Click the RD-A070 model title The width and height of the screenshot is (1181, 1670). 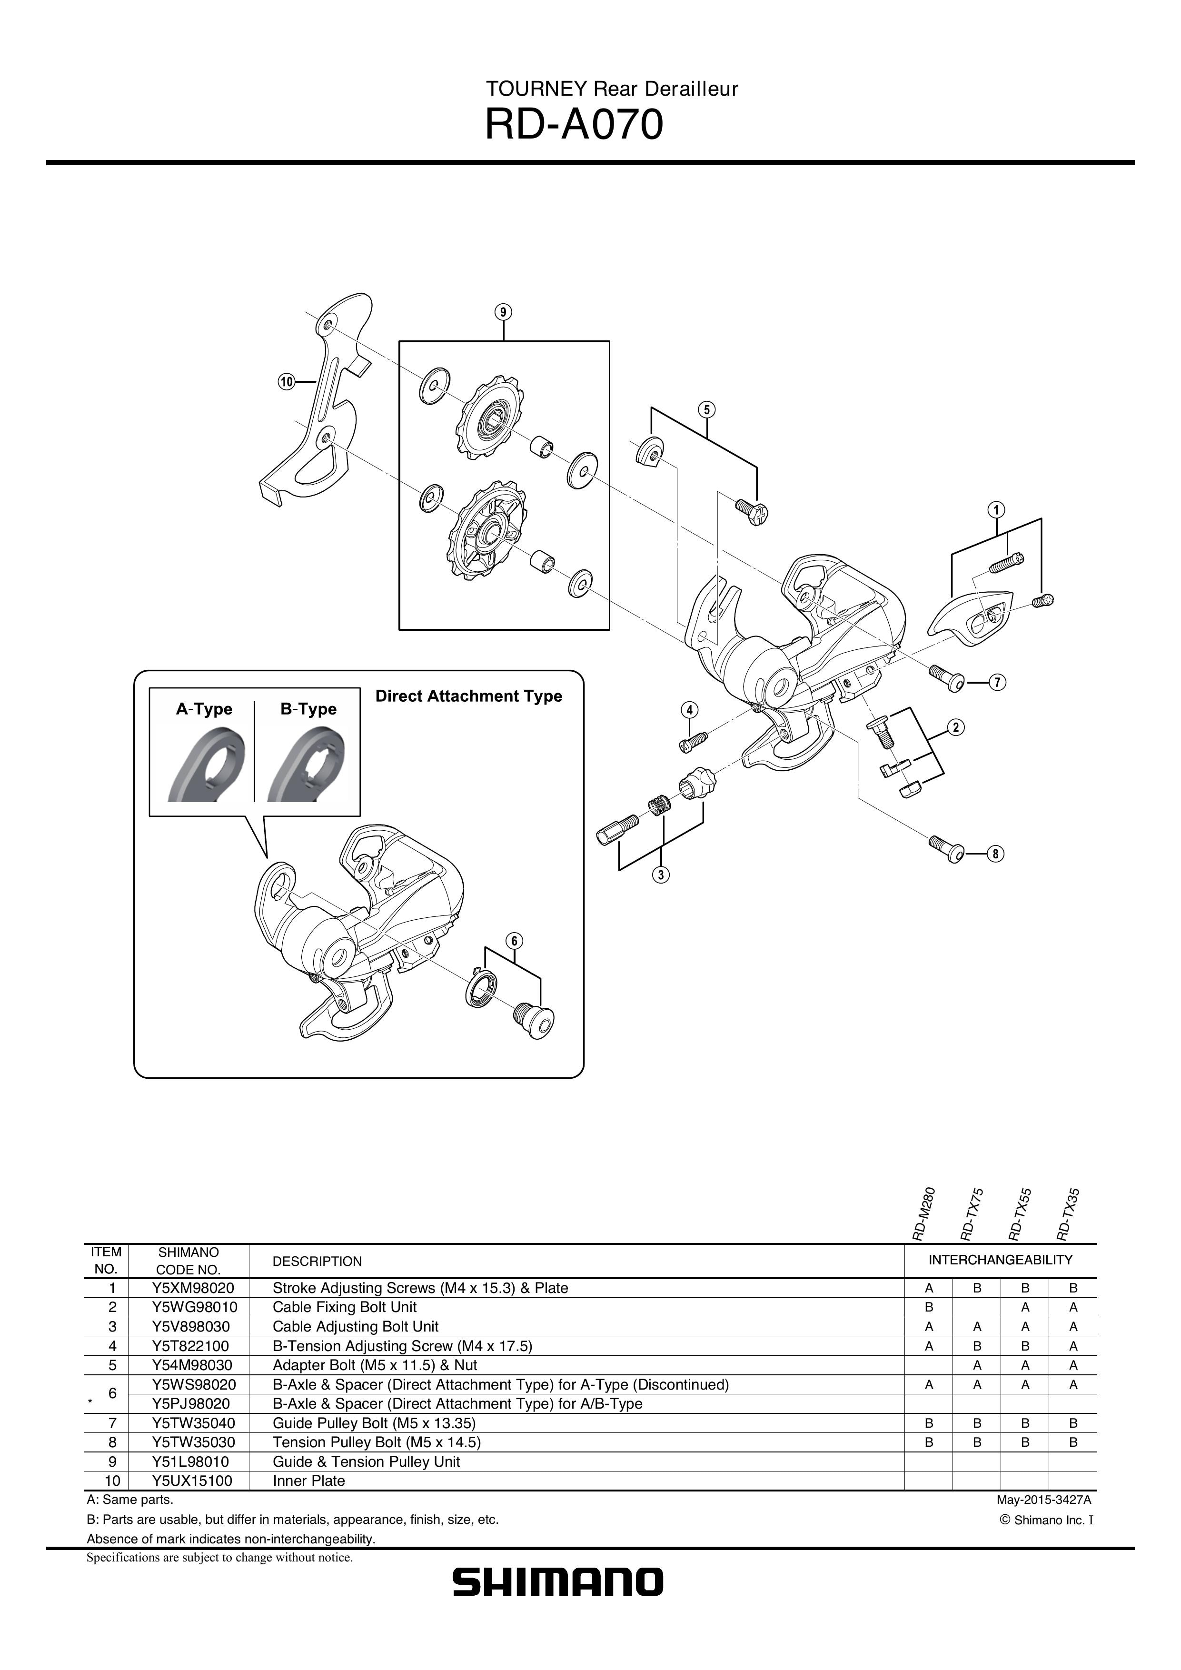click(574, 124)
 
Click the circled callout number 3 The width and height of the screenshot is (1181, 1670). click(660, 875)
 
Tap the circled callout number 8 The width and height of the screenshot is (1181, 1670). click(995, 854)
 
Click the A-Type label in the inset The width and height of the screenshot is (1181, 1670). click(204, 709)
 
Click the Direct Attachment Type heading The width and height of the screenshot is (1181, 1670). click(468, 696)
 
